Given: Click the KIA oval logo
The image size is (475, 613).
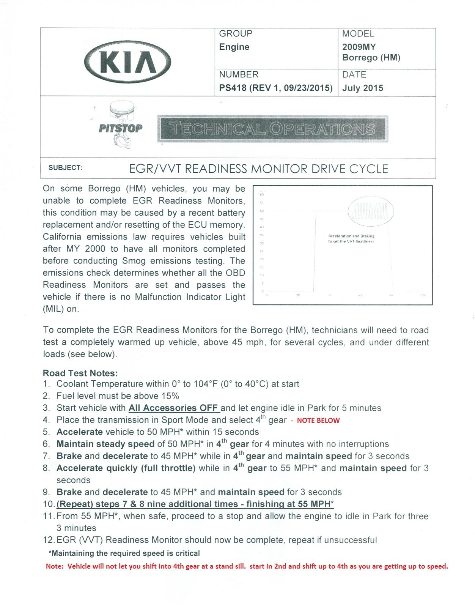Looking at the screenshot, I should point(128,62).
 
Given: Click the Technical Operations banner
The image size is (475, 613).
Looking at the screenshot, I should point(272,129).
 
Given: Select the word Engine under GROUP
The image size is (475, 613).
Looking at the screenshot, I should point(234,47).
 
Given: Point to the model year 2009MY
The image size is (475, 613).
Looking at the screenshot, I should point(359,47).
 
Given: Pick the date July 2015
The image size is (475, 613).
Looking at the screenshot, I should point(363,88).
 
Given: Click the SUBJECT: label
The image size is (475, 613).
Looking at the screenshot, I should point(65,168).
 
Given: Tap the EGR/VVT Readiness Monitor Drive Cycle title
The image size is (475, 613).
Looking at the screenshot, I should point(258,169).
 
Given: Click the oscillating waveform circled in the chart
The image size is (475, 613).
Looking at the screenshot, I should point(371,211).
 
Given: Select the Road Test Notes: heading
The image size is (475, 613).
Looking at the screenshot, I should point(80,373).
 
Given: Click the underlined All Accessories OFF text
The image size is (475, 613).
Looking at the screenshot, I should point(174,408).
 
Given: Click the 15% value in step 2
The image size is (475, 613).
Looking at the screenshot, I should point(170,396).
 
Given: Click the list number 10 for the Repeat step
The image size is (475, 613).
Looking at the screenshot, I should point(49,504).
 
